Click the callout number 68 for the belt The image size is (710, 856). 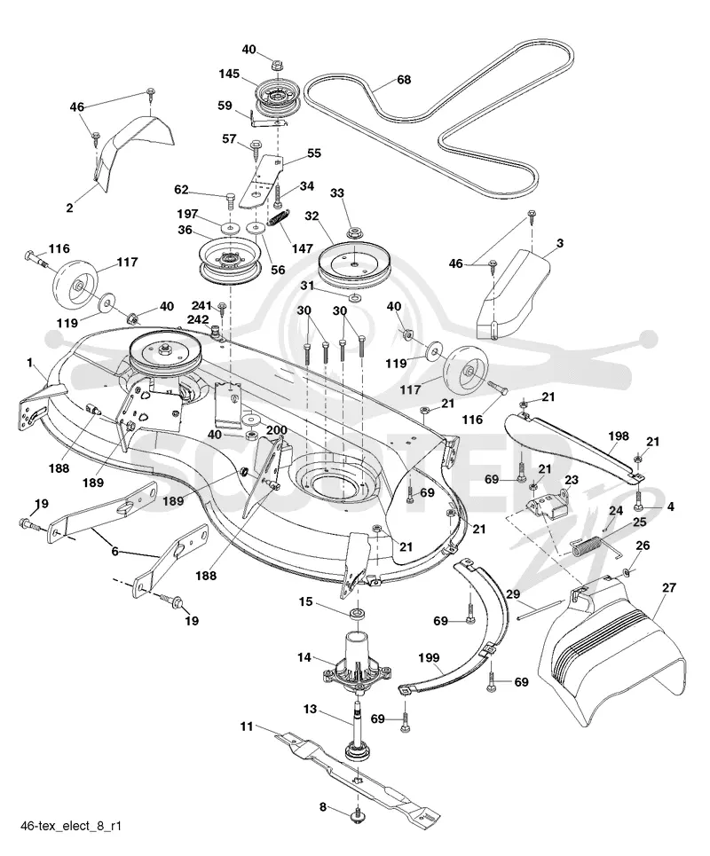404,80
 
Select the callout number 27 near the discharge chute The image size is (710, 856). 669,588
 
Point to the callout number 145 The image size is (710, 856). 229,74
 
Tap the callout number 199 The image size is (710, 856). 430,658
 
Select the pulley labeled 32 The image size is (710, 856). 353,264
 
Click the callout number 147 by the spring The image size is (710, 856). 302,248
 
